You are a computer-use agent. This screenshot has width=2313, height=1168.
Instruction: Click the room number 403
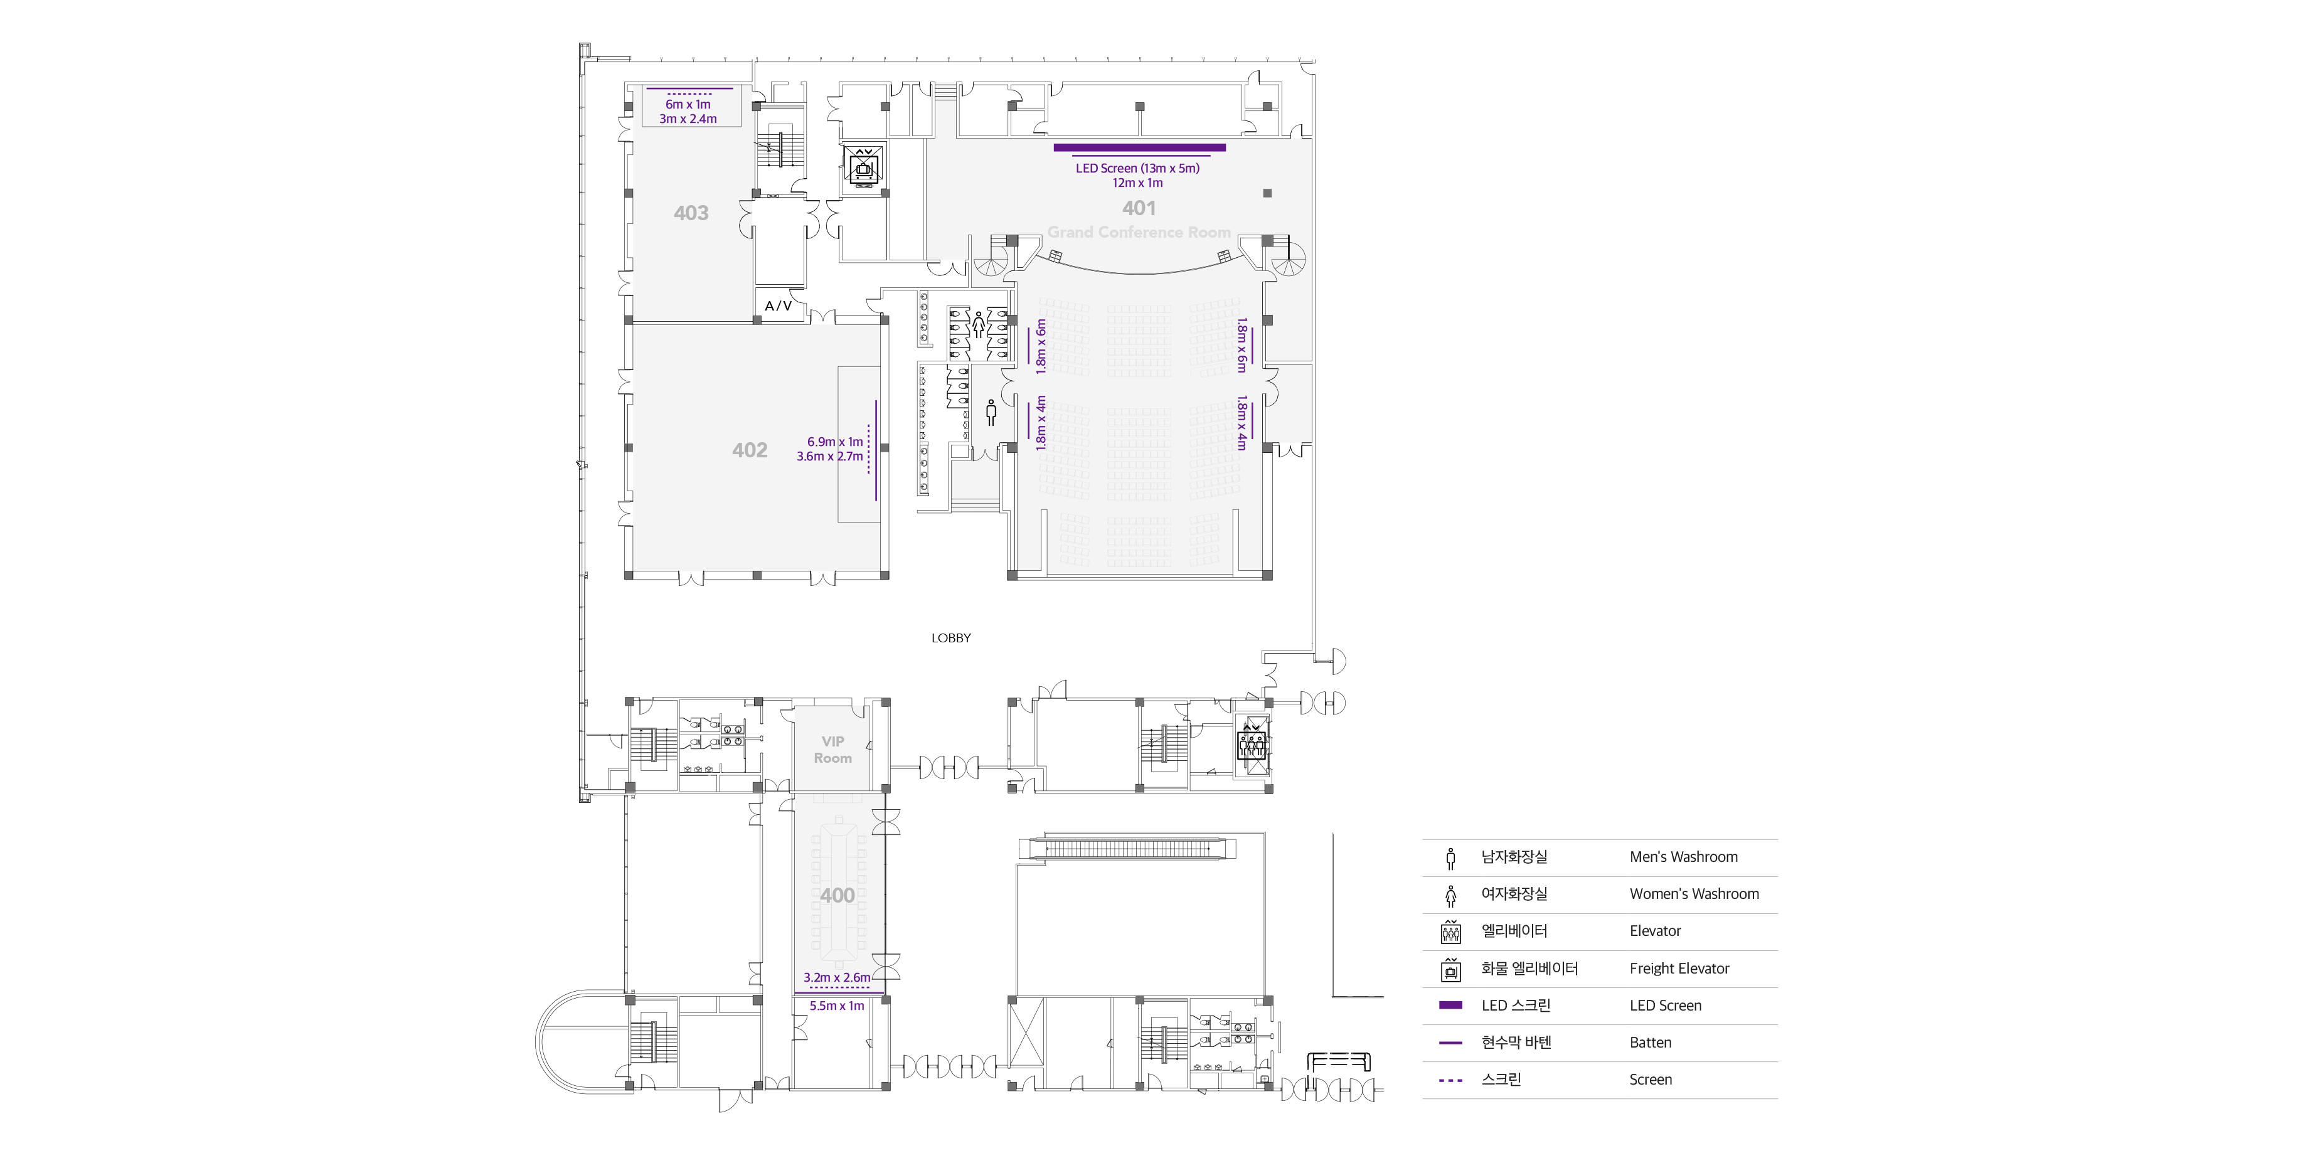(691, 213)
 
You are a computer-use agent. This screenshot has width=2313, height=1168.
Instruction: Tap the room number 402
(750, 450)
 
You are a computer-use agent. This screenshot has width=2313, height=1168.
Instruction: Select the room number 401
(1139, 208)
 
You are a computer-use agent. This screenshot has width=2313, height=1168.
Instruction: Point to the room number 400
(837, 895)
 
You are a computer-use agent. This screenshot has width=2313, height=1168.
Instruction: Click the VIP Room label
(832, 750)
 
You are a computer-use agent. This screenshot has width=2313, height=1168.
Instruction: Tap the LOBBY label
(951, 639)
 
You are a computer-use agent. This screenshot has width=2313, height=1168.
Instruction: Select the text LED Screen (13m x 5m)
(1137, 168)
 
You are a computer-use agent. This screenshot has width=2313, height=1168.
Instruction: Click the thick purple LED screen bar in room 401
(1139, 147)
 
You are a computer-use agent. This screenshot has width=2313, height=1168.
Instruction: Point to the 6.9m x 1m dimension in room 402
(834, 442)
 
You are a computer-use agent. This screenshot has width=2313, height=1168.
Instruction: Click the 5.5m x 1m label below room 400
(837, 1006)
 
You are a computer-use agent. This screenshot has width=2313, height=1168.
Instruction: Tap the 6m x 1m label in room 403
(688, 104)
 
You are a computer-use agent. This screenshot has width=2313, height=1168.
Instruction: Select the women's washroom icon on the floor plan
(978, 325)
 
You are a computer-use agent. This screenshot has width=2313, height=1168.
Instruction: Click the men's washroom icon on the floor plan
(991, 412)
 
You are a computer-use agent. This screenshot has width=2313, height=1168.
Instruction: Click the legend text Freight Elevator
(1679, 969)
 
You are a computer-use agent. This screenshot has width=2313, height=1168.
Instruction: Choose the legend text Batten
(1651, 1043)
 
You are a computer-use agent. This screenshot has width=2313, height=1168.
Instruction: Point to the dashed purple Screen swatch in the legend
(1450, 1080)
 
